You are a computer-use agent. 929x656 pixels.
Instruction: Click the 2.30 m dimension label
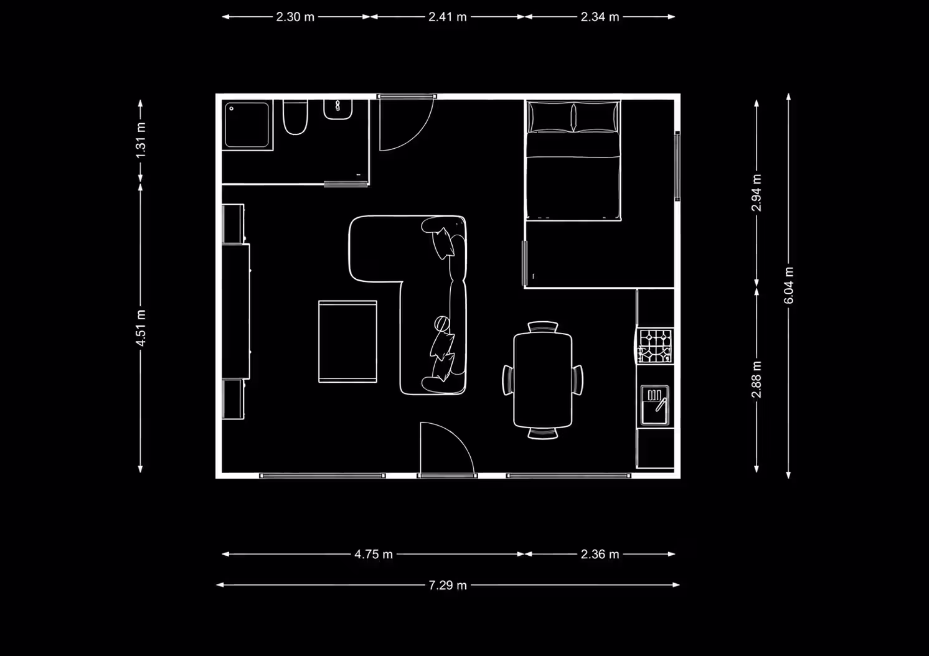(x=295, y=17)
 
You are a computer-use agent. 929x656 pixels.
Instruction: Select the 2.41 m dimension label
(x=447, y=17)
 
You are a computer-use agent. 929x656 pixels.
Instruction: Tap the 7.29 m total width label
(x=447, y=585)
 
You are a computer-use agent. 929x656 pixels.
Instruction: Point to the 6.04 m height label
(x=788, y=285)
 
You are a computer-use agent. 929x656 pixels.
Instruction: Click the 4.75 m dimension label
(x=373, y=554)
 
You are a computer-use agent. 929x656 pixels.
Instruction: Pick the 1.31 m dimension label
(x=141, y=140)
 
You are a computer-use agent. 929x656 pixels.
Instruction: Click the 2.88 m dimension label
(x=757, y=380)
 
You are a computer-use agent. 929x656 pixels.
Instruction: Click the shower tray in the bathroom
(x=247, y=125)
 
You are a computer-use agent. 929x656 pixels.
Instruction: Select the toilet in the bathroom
(x=295, y=117)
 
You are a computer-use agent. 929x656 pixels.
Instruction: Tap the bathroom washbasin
(x=338, y=110)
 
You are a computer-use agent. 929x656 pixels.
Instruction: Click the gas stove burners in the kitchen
(x=655, y=346)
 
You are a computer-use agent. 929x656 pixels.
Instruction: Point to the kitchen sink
(x=655, y=405)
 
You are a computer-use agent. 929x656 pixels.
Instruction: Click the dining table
(x=542, y=380)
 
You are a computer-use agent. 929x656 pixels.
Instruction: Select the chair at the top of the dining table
(x=542, y=327)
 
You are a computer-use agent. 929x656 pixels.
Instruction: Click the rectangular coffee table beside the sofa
(x=347, y=341)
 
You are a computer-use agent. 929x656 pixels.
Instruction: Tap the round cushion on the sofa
(x=442, y=323)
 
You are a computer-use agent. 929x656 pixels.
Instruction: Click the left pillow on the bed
(x=550, y=117)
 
